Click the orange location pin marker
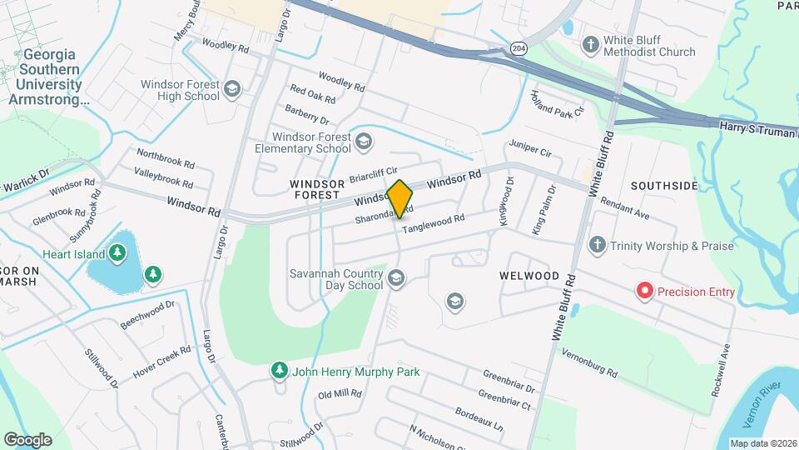point(399,199)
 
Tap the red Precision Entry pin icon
point(644,291)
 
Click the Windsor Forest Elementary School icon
point(362,142)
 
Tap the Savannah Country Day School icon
point(395,278)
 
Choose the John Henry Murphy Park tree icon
point(280,372)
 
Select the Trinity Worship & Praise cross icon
point(596,245)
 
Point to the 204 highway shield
point(519,48)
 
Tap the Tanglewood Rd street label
point(433,223)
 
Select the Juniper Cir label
point(531,148)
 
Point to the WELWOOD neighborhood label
point(529,275)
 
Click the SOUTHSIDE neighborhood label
point(663,186)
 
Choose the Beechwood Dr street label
point(148,313)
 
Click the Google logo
point(27,439)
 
